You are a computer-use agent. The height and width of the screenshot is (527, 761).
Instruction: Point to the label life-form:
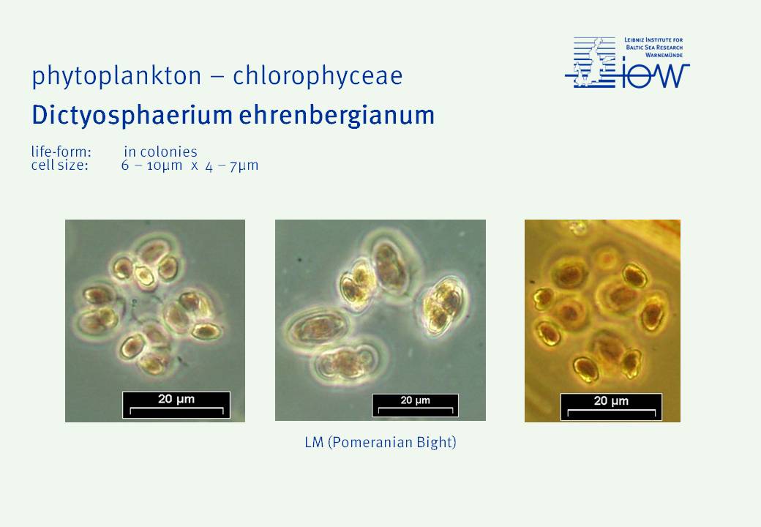click(61, 152)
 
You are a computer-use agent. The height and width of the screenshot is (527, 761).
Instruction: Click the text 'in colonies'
click(161, 152)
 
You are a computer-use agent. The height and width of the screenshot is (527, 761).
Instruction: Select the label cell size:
click(60, 165)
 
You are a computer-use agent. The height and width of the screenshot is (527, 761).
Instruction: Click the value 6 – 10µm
click(152, 165)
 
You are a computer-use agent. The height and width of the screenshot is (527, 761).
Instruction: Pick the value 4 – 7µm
click(232, 166)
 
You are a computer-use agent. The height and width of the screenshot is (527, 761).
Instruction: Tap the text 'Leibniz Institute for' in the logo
click(653, 40)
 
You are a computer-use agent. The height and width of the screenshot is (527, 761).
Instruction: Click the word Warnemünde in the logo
click(664, 55)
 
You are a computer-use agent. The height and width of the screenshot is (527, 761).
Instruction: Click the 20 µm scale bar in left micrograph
click(176, 405)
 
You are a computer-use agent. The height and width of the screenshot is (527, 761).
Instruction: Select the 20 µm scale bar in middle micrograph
click(415, 405)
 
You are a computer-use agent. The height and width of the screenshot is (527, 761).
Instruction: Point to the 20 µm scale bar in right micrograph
click(611, 407)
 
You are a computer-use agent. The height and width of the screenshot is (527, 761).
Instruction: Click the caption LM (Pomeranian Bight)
click(380, 443)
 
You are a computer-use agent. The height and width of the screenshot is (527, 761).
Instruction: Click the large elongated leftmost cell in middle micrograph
click(318, 328)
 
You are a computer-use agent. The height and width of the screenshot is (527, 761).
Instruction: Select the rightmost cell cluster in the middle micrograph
click(443, 306)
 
